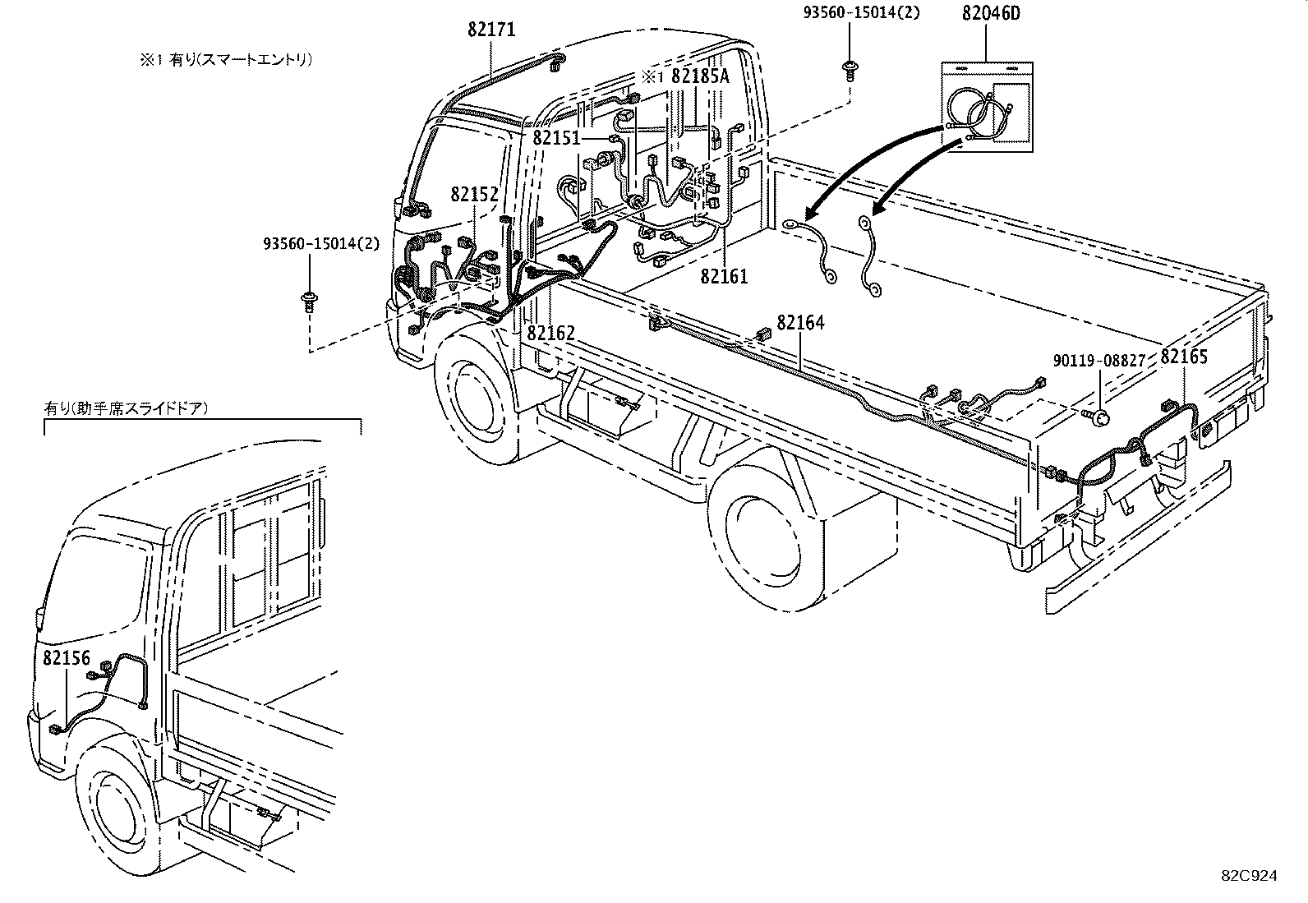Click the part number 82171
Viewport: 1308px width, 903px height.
pos(491,30)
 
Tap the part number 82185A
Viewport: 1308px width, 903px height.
pos(700,76)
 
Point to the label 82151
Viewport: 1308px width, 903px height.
pos(556,137)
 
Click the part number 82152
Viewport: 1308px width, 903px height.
pos(474,195)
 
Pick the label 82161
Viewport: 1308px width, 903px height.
pos(724,276)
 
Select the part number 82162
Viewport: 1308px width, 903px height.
pos(550,333)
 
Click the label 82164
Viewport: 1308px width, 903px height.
pos(800,323)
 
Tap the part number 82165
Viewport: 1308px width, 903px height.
pos(1184,357)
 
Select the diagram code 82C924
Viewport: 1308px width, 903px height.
pos(1248,876)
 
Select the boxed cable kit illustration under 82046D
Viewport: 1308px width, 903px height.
pos(985,107)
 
